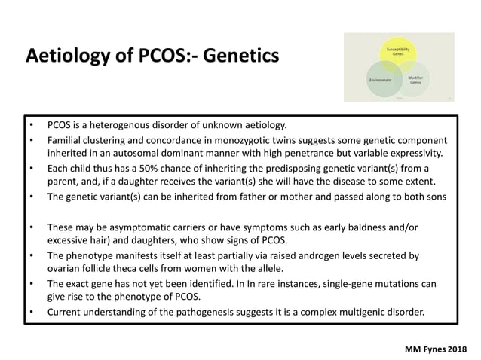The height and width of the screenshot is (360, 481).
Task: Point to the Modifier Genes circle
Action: pos(415,80)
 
